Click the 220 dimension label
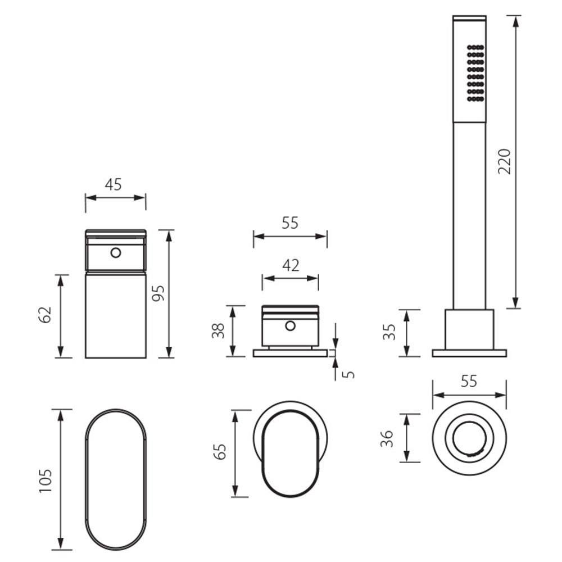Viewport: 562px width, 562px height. (x=504, y=161)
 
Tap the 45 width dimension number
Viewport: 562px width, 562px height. (x=114, y=184)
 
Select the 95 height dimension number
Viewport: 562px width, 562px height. (x=158, y=293)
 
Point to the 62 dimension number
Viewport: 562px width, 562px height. (x=45, y=315)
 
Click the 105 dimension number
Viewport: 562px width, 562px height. (x=46, y=481)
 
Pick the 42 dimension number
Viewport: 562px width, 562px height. (x=291, y=266)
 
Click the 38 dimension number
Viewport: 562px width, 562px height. (x=218, y=331)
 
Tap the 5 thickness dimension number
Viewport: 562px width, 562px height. (x=348, y=374)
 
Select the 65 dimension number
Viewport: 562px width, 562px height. (x=220, y=452)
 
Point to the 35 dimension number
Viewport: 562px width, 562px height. (x=389, y=332)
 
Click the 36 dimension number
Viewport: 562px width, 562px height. (x=387, y=439)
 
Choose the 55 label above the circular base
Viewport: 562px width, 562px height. (x=469, y=382)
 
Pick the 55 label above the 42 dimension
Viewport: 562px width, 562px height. (x=290, y=223)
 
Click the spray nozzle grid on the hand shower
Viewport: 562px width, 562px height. (x=475, y=73)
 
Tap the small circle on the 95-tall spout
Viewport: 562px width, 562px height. (x=116, y=253)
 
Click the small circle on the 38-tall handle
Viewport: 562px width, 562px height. (x=291, y=326)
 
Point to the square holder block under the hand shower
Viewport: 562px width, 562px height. (x=469, y=329)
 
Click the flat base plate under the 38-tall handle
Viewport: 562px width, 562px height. (x=291, y=353)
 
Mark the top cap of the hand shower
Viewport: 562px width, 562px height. (x=469, y=18)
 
